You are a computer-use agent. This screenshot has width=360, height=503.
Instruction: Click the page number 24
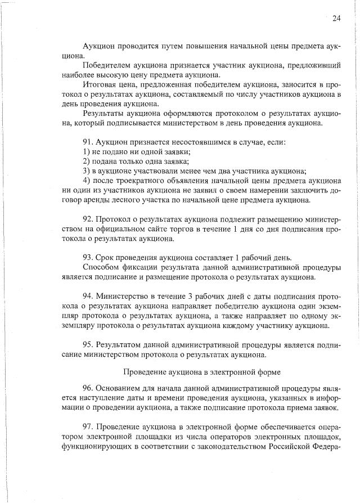click(336, 18)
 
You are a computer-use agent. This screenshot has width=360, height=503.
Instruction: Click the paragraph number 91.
click(88, 142)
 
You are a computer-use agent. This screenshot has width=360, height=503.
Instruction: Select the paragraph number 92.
click(88, 218)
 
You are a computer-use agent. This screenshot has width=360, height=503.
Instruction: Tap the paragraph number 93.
click(88, 257)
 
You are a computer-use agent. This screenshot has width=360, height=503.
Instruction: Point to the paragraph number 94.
click(88, 296)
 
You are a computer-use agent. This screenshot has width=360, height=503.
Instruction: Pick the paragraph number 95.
click(88, 344)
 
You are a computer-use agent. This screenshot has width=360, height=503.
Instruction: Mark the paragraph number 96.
click(88, 388)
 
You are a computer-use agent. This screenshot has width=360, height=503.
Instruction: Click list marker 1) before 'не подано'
click(86, 152)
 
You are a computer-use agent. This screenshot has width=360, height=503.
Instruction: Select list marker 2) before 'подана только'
click(86, 161)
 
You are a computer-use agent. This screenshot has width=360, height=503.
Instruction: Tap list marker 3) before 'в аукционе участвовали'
click(86, 171)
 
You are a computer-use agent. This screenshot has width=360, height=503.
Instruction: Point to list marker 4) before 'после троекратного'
click(86, 181)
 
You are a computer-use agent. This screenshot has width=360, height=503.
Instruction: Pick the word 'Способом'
click(100, 267)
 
